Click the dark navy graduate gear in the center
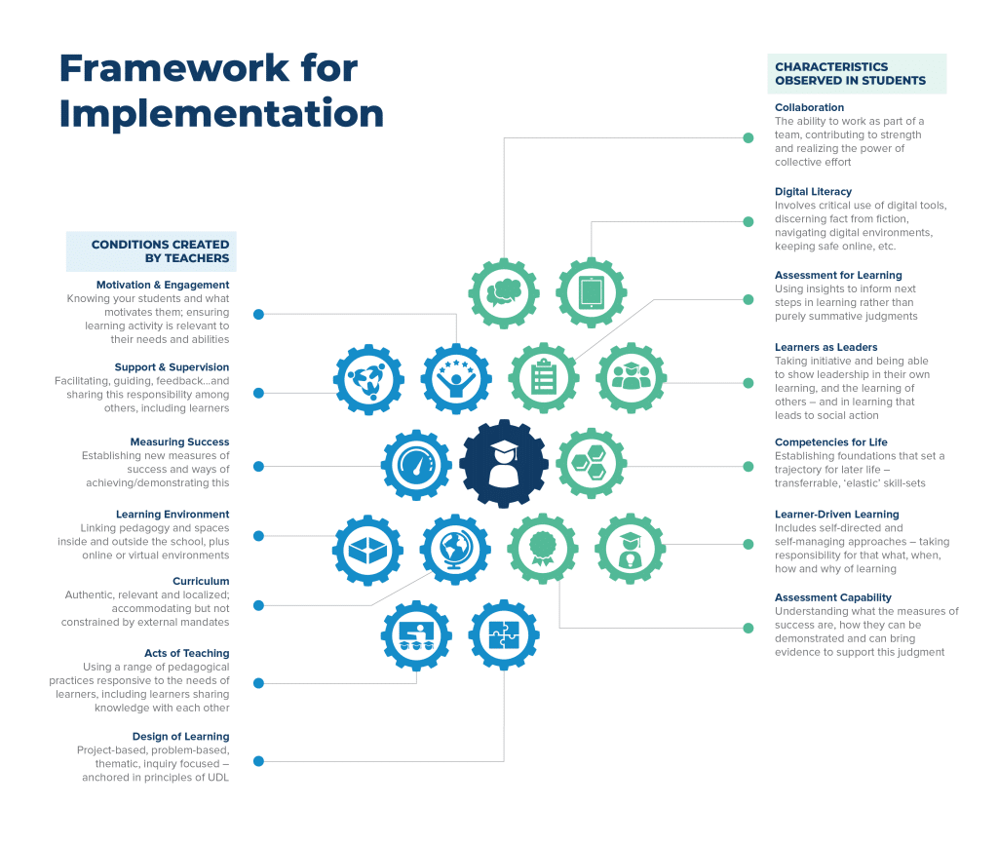pyautogui.click(x=504, y=465)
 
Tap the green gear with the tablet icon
pyautogui.click(x=592, y=293)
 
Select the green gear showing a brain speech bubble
pyautogui.click(x=504, y=293)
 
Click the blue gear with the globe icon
pyautogui.click(x=456, y=550)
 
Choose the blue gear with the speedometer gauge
pyautogui.click(x=416, y=465)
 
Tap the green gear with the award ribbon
pyautogui.click(x=543, y=550)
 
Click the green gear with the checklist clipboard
pyautogui.click(x=543, y=379)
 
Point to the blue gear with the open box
pyautogui.click(x=368, y=550)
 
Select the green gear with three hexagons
pyautogui.click(x=592, y=465)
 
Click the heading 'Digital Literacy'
pyautogui.click(x=813, y=192)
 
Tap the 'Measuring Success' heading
pyautogui.click(x=179, y=442)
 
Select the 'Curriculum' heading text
pyautogui.click(x=201, y=582)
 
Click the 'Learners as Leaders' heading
pyautogui.click(x=825, y=347)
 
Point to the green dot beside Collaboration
pyautogui.click(x=748, y=138)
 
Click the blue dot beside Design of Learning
pyautogui.click(x=258, y=761)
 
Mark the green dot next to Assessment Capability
pyautogui.click(x=748, y=628)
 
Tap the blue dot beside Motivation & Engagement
pyautogui.click(x=258, y=314)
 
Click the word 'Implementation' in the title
pyautogui.click(x=221, y=113)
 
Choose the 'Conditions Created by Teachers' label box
pyautogui.click(x=151, y=251)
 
